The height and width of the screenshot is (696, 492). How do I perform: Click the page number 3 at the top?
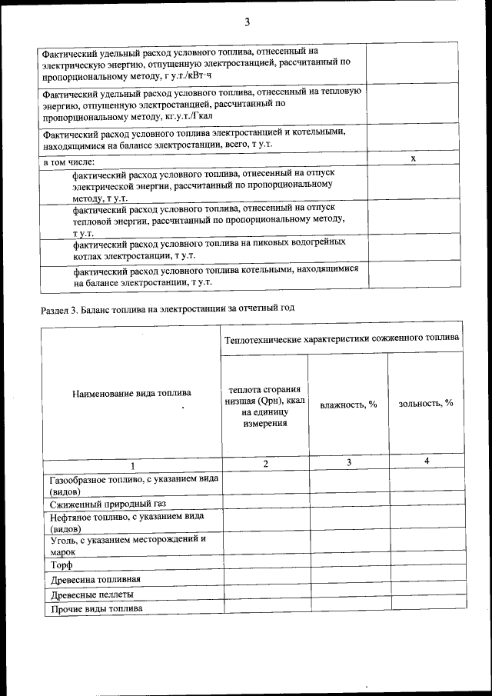tap(247, 22)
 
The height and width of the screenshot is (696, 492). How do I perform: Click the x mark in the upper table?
tap(414, 158)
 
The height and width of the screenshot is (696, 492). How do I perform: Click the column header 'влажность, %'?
tap(348, 404)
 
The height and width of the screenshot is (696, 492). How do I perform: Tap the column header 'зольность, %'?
tap(426, 404)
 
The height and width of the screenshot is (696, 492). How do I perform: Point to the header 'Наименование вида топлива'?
tap(131, 393)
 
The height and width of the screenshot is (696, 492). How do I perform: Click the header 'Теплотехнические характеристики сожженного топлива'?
tap(342, 338)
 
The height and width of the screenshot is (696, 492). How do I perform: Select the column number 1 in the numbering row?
tap(131, 465)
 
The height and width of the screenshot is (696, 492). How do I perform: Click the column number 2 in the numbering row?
tap(265, 463)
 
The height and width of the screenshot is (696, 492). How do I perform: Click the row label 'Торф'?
tap(61, 565)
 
